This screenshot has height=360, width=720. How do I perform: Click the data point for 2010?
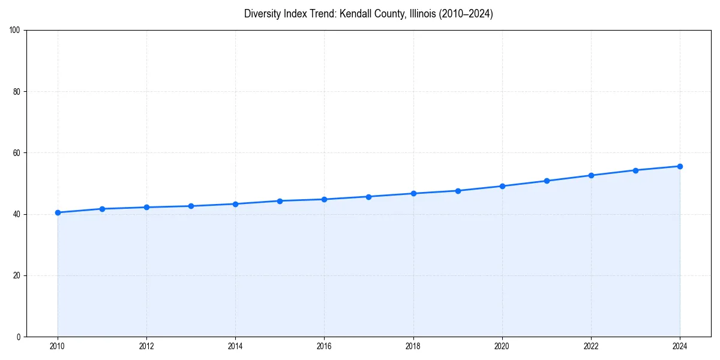(x=58, y=212)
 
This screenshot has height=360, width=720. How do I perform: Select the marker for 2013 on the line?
(x=191, y=206)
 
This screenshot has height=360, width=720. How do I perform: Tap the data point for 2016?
(x=324, y=199)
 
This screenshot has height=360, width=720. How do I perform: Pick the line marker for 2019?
(x=458, y=191)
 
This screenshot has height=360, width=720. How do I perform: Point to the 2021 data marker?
(x=547, y=181)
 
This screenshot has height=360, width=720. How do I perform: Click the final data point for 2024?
(x=680, y=166)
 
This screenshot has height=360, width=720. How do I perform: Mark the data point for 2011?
(x=102, y=209)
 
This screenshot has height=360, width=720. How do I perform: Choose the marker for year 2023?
(x=635, y=170)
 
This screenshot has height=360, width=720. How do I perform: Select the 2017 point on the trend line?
(x=368, y=196)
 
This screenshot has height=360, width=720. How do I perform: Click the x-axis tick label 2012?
(x=146, y=346)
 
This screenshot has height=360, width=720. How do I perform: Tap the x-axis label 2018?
(x=413, y=346)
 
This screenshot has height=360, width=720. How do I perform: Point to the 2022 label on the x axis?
(x=591, y=346)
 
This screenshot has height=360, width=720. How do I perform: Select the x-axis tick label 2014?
(x=235, y=346)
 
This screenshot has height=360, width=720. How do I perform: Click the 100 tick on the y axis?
(x=15, y=31)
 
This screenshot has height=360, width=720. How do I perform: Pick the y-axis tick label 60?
(x=17, y=153)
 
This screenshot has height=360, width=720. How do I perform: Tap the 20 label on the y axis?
(x=17, y=275)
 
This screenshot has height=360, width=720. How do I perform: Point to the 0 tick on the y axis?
(x=19, y=337)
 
